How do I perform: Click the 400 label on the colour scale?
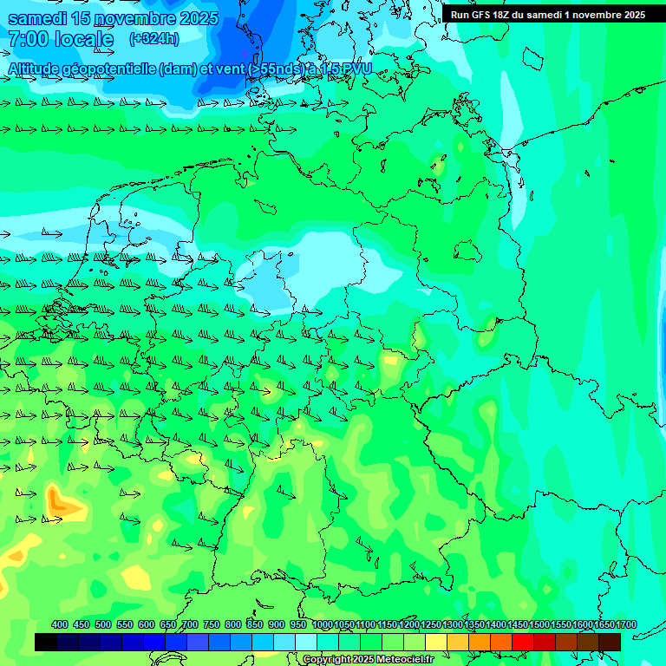[x=60, y=624]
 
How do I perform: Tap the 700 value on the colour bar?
[x=190, y=624]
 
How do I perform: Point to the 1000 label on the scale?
[x=323, y=624]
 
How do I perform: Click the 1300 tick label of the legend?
[x=453, y=624]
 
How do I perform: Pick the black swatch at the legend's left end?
[x=46, y=642]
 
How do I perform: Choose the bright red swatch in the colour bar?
[x=522, y=642]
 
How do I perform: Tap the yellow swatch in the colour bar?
[x=435, y=642]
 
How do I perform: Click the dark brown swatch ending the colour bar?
[x=609, y=642]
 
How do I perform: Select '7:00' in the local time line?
[x=27, y=39]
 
